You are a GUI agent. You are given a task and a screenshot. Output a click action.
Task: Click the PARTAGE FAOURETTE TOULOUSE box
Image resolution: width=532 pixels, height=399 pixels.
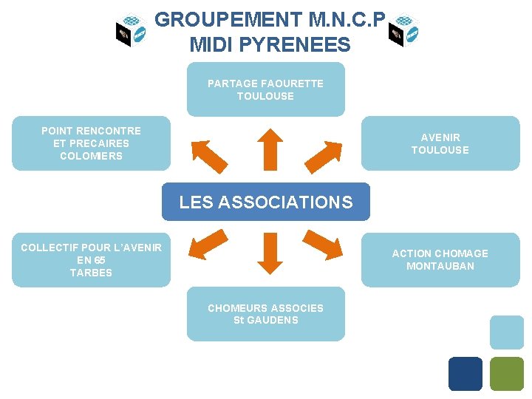click(x=265, y=89)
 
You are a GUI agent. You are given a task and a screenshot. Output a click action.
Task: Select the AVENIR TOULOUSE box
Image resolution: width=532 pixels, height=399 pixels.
click(x=440, y=143)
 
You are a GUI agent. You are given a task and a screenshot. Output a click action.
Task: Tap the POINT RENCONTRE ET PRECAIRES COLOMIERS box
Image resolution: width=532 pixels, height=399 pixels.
click(x=91, y=143)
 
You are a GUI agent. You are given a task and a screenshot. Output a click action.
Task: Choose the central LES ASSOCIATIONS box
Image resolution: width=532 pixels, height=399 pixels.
click(x=266, y=202)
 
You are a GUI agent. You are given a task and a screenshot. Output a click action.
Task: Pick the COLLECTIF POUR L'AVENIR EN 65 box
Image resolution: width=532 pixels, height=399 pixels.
click(x=91, y=260)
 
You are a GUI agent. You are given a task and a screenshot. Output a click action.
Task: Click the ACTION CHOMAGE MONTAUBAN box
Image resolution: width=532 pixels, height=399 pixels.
click(x=440, y=259)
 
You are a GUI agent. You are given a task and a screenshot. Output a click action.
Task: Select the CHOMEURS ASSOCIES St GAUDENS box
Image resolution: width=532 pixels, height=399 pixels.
click(x=265, y=314)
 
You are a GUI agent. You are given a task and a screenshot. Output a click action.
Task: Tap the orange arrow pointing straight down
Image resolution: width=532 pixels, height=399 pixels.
click(x=270, y=252)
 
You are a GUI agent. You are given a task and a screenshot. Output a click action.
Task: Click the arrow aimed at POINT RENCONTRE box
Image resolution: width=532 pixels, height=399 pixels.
click(x=209, y=155)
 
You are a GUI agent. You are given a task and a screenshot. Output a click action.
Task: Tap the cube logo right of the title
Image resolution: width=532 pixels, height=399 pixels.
click(x=403, y=30)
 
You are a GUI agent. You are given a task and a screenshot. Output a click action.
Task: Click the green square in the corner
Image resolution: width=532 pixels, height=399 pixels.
click(x=507, y=374)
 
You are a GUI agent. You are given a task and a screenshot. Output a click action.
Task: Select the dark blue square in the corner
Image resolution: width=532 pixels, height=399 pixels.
click(x=465, y=374)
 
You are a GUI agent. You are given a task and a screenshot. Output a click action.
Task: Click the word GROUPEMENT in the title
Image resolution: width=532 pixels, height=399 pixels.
click(x=219, y=19)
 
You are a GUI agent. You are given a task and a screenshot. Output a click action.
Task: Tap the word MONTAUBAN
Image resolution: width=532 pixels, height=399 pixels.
click(x=440, y=266)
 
